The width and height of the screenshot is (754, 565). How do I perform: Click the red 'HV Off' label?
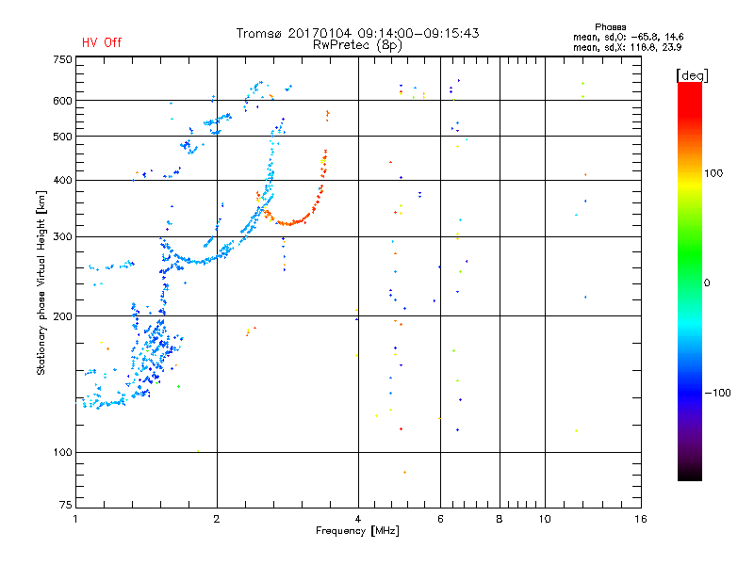pos(102,42)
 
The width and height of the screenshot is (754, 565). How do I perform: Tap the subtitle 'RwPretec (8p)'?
pos(357,45)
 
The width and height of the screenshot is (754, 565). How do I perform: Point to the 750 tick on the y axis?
pos(62,59)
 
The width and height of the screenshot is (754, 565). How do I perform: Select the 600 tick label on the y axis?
pos(62,101)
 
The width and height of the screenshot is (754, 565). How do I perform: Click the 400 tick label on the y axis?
pos(62,180)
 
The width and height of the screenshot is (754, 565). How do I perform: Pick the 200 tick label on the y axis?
pos(62,316)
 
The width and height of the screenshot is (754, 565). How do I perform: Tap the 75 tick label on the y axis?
pos(66,505)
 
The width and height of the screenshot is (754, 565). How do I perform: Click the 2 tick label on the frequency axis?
pos(217,519)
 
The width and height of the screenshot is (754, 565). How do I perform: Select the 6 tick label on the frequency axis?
pos(440,519)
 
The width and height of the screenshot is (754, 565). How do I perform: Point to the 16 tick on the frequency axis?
pos(641,519)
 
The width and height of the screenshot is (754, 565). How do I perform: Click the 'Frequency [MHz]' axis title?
pos(357,531)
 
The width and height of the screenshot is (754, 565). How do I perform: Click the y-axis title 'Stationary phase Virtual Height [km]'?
pos(41,282)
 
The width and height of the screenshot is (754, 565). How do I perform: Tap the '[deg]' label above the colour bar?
pos(692,75)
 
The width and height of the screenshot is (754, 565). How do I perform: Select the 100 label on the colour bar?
pos(713,173)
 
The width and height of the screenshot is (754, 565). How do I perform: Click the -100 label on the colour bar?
pos(717,393)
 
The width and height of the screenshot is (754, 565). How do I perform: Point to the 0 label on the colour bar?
pos(707,283)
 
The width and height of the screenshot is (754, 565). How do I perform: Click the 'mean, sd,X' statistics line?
pos(627,48)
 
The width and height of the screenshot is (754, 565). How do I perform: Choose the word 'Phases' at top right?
pos(610,27)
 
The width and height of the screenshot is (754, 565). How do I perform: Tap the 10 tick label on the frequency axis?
pos(545,519)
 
